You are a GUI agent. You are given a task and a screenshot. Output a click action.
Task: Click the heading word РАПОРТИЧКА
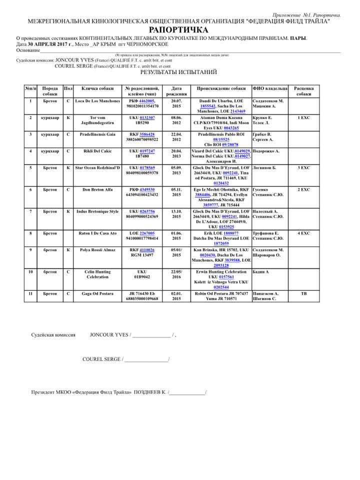178,30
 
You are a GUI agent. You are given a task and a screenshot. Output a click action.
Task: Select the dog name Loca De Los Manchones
97,101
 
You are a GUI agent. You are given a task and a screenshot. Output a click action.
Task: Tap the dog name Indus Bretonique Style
97,211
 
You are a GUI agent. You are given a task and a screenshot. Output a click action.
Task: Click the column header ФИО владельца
270,88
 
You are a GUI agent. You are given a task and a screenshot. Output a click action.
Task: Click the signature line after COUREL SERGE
146,359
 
